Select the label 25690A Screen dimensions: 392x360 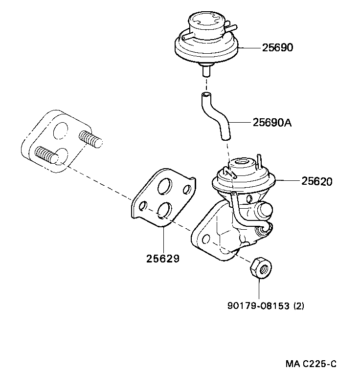click(272, 122)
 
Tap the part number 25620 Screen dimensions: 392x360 click(316, 181)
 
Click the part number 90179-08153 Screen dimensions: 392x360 click(259, 306)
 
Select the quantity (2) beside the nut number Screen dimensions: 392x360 click(299, 306)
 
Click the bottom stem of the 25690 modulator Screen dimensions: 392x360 click(206, 70)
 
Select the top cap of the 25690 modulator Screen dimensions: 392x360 click(207, 22)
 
